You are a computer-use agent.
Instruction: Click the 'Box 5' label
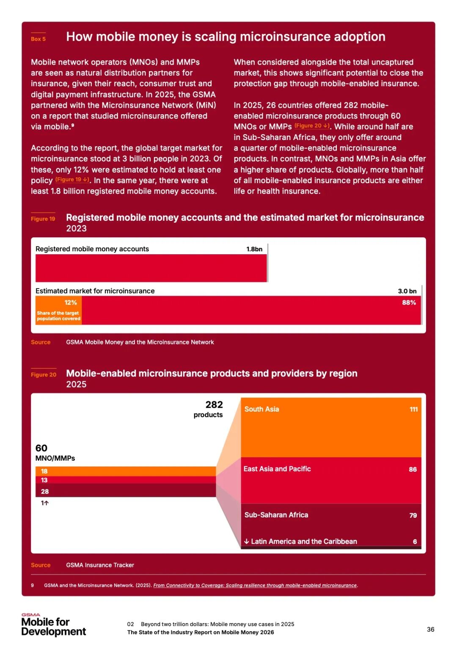(38, 39)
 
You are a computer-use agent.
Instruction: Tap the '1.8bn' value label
(254, 249)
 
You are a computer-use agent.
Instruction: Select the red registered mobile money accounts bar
(151, 268)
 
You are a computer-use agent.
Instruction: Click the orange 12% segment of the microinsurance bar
(58, 310)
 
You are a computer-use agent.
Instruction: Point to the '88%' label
(409, 302)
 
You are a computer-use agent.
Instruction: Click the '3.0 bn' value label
(407, 291)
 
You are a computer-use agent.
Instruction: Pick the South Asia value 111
(413, 409)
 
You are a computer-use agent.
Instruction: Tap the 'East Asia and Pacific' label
(277, 469)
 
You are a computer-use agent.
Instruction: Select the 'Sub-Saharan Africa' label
(276, 515)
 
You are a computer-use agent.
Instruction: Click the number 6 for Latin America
(415, 542)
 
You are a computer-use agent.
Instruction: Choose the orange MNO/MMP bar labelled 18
(126, 471)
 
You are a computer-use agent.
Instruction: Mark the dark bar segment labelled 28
(126, 491)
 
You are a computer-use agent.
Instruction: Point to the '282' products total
(214, 405)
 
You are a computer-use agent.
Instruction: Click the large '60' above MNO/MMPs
(41, 448)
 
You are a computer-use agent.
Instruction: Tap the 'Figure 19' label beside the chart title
(43, 219)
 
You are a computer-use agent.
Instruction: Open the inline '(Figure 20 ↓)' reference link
(312, 126)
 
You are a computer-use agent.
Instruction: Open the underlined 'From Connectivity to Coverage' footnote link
(255, 586)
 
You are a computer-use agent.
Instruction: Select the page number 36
(430, 629)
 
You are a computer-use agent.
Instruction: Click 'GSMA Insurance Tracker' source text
(100, 565)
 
